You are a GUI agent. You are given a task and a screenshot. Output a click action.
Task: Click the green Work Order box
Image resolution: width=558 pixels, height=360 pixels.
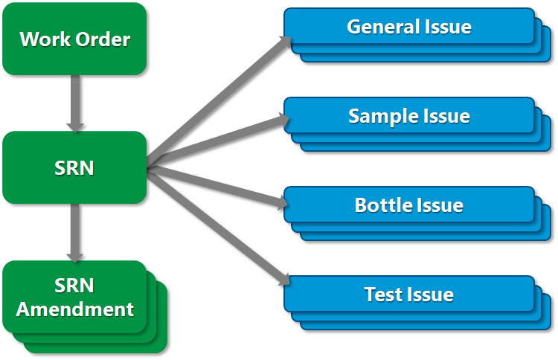click(74, 39)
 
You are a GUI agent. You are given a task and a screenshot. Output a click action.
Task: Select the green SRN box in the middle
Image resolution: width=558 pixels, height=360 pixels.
click(74, 167)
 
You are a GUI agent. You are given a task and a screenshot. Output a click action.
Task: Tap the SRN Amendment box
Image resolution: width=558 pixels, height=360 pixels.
click(74, 297)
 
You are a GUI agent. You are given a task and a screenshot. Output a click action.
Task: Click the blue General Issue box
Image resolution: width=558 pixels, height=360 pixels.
click(408, 27)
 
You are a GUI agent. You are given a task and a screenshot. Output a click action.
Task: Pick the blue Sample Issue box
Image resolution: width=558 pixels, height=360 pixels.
click(408, 116)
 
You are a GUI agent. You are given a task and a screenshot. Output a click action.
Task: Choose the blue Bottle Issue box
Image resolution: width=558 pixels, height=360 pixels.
click(408, 205)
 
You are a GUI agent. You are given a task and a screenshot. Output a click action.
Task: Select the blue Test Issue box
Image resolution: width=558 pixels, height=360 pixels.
click(408, 295)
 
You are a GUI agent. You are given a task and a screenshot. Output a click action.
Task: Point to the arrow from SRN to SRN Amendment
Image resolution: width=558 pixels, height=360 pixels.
click(74, 231)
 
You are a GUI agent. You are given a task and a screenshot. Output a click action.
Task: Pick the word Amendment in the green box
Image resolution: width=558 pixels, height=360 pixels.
click(74, 309)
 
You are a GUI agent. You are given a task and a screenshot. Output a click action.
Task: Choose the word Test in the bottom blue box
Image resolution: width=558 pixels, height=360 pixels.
click(380, 295)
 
